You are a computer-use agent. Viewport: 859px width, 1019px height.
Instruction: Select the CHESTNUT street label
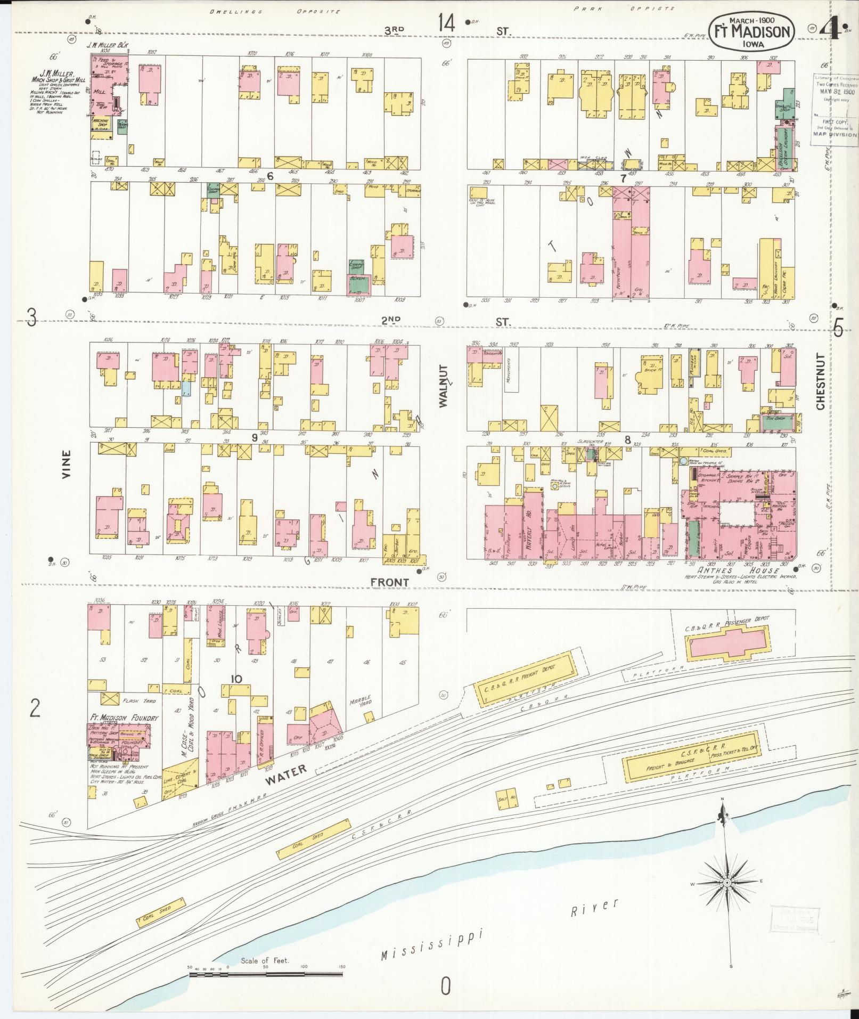820,381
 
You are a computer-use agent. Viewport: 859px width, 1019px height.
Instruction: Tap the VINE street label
66,464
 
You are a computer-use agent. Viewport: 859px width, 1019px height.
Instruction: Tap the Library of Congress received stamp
835,107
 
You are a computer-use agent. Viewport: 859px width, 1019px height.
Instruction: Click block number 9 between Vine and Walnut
255,437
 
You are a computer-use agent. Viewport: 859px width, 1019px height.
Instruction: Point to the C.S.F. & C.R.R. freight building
691,760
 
